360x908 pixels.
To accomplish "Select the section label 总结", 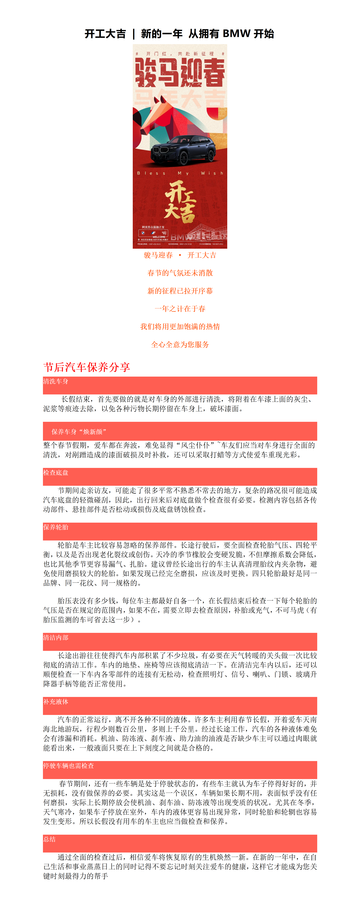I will (x=49, y=839).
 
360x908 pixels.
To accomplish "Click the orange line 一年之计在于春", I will (x=180, y=309).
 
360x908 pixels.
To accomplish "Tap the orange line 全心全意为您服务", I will (x=180, y=344).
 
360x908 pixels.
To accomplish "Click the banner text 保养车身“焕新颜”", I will (x=79, y=432).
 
